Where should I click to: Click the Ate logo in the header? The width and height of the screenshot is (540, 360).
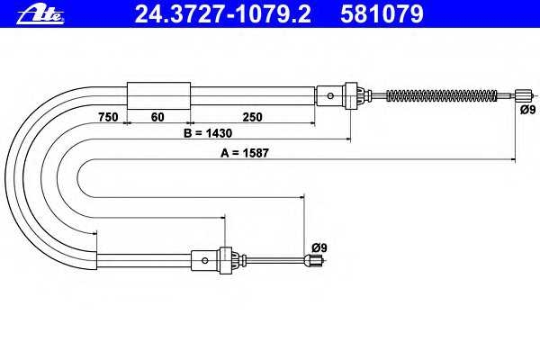(40, 14)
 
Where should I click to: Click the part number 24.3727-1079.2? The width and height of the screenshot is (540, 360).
(222, 13)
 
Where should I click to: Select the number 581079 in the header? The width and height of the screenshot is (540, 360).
(382, 13)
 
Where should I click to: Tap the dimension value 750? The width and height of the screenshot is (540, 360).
(108, 117)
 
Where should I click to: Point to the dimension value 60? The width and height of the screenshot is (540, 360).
(157, 117)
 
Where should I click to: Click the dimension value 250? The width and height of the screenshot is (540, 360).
(252, 117)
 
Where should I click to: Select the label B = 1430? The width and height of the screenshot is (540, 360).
(208, 133)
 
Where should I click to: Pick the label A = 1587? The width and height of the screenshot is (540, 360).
(245, 153)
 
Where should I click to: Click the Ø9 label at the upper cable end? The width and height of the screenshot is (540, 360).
(528, 110)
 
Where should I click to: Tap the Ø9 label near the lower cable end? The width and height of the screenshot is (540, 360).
(319, 247)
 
